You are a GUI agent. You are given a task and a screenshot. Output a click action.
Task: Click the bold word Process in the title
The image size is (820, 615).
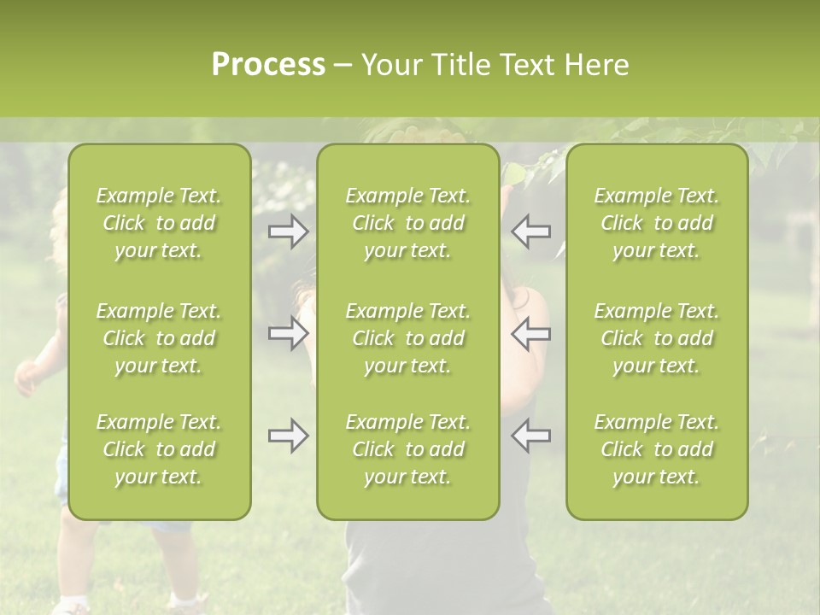pyautogui.click(x=268, y=65)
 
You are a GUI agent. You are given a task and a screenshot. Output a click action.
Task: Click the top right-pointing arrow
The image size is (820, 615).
pyautogui.click(x=288, y=231)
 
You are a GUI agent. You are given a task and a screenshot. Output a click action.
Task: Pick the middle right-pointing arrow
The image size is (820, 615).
pyautogui.click(x=288, y=333)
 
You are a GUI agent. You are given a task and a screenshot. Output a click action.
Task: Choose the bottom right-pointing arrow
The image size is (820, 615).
pyautogui.click(x=288, y=436)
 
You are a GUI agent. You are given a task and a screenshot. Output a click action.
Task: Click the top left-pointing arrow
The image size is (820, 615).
pyautogui.click(x=530, y=231)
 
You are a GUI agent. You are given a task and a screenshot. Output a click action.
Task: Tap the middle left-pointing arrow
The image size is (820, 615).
pyautogui.click(x=530, y=333)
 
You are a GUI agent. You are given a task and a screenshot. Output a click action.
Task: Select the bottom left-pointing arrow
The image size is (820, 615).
pyautogui.click(x=530, y=436)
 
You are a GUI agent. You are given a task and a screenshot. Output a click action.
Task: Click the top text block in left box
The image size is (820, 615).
pyautogui.click(x=159, y=223)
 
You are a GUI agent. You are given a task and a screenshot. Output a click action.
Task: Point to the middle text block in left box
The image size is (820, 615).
pyautogui.click(x=159, y=338)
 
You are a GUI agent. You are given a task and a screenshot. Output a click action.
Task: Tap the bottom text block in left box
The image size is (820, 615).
pyautogui.click(x=159, y=449)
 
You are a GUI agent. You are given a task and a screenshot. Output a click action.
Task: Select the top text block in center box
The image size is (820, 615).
pyautogui.click(x=407, y=223)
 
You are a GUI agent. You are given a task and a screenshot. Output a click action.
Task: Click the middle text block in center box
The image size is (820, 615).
pyautogui.click(x=407, y=338)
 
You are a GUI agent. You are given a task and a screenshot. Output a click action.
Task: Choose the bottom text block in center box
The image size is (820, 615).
pyautogui.click(x=407, y=449)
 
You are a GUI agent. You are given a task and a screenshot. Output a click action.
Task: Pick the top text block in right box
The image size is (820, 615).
pyautogui.click(x=656, y=223)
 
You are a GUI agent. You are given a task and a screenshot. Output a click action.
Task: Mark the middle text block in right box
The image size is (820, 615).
pyautogui.click(x=656, y=338)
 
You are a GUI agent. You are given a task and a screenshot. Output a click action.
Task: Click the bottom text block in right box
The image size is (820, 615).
pyautogui.click(x=656, y=449)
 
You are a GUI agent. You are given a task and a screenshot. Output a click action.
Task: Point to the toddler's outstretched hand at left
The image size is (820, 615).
pyautogui.click(x=26, y=377)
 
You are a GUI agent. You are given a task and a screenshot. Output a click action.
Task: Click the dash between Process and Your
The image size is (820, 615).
pyautogui.click(x=343, y=66)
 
